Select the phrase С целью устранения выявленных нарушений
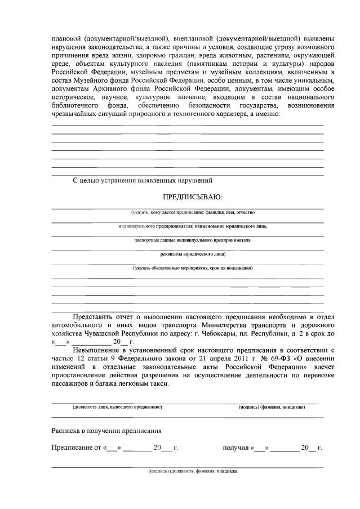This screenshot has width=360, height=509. tap(143, 181)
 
